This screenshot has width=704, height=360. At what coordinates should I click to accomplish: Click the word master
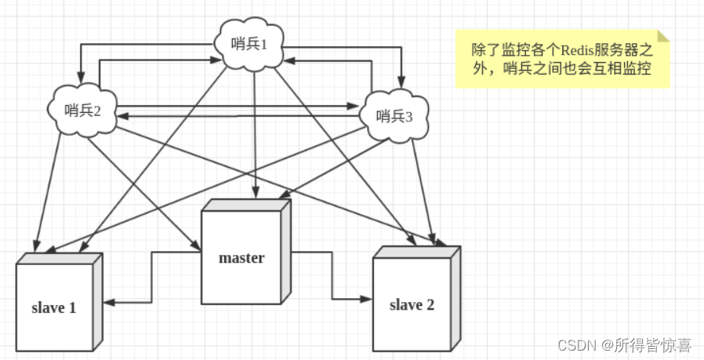pos(241,257)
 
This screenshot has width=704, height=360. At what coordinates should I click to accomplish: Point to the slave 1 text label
pos(53,307)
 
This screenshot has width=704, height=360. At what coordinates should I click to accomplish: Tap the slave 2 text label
pos(412,305)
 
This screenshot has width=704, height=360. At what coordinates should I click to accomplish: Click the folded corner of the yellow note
pos(663,36)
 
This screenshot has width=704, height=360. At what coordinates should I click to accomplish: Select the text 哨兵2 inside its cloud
pos(84,110)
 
